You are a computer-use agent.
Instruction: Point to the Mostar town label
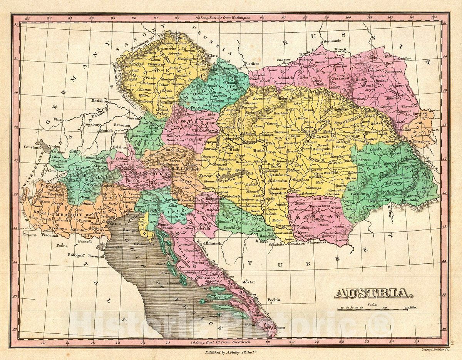(248, 282)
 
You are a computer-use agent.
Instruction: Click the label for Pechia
(274, 300)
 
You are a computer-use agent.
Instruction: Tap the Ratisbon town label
(100, 100)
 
